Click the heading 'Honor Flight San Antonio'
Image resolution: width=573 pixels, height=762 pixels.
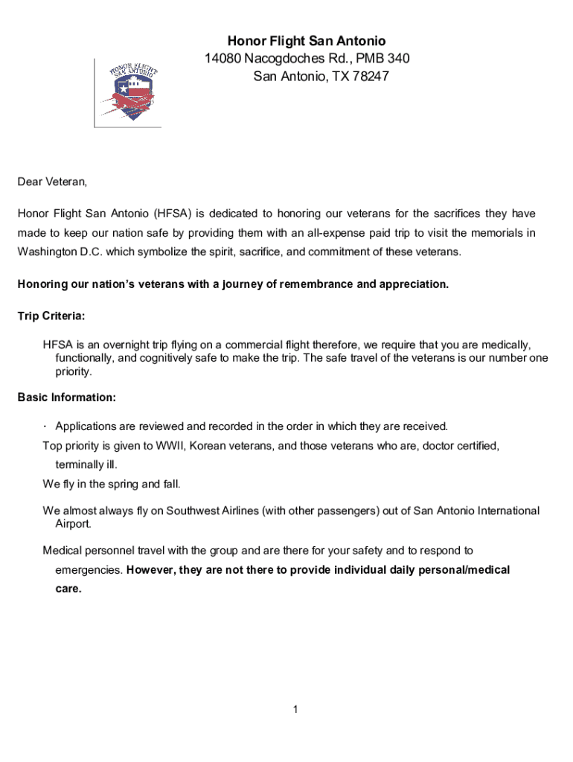pos(307,41)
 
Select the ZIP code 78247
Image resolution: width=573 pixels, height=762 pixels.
pos(370,76)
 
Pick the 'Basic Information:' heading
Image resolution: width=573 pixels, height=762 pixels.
pos(66,397)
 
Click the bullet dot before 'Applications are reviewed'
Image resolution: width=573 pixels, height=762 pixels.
pos(45,426)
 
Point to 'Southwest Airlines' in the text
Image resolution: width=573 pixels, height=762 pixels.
pos(213,510)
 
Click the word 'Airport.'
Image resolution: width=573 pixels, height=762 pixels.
pos(74,524)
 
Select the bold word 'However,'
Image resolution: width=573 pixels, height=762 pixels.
pos(153,570)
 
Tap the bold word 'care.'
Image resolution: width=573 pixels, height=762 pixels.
pos(68,589)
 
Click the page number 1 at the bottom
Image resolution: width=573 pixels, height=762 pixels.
pos(295,710)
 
